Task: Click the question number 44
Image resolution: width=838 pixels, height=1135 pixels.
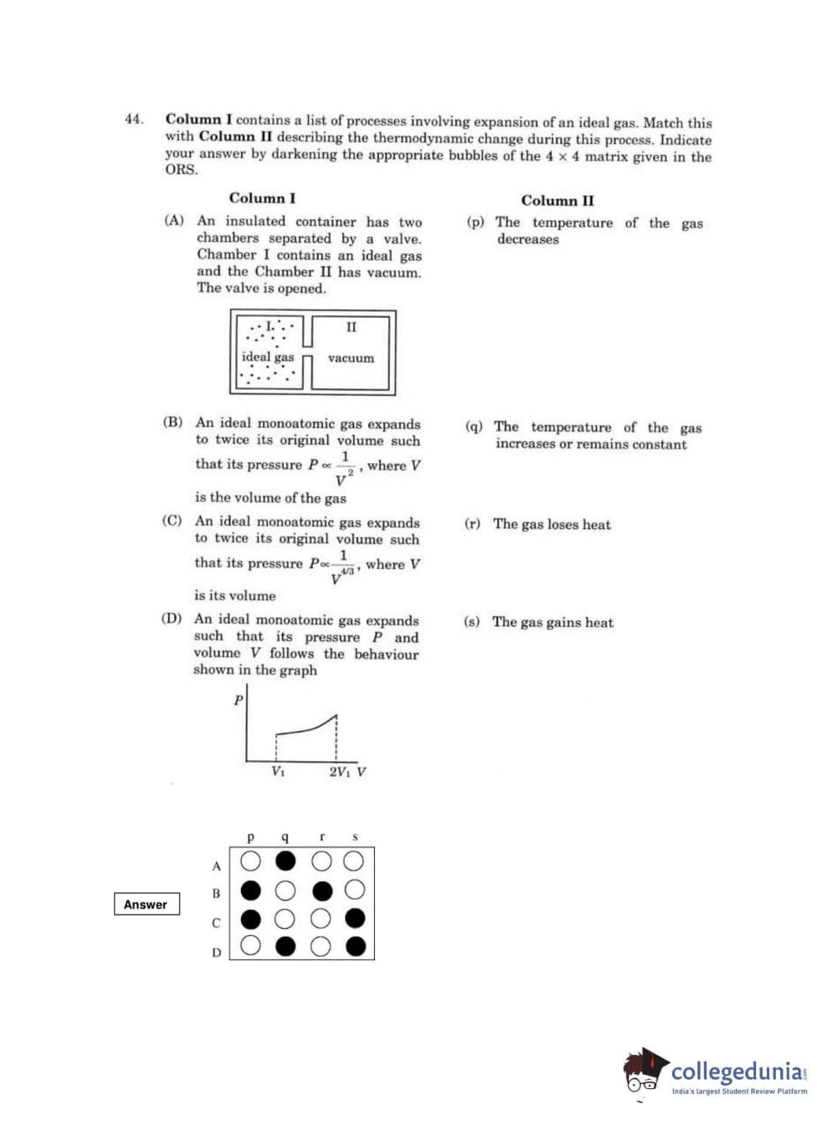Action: (133, 119)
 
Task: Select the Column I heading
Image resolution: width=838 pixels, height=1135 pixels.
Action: (262, 198)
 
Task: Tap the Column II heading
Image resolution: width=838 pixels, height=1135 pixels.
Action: (557, 201)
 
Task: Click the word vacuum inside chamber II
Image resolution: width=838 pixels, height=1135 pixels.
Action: (351, 358)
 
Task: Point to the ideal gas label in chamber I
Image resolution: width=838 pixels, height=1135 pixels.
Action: (268, 357)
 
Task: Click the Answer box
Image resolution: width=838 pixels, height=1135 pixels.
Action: (147, 904)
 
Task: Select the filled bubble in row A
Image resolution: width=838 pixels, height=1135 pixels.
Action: (285, 860)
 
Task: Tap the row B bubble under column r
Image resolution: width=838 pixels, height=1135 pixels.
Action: (321, 890)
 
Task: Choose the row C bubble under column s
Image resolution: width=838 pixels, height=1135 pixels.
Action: (355, 918)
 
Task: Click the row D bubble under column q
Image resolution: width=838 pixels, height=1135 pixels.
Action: (285, 947)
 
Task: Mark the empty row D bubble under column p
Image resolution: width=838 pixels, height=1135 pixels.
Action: (250, 947)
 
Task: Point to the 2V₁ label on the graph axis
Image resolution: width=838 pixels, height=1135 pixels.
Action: (339, 772)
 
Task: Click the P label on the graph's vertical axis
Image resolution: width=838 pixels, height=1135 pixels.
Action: (239, 700)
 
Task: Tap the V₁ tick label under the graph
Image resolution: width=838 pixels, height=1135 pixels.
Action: (278, 772)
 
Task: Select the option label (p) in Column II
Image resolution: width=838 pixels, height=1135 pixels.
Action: (476, 223)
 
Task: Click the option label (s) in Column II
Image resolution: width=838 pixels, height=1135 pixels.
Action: (472, 622)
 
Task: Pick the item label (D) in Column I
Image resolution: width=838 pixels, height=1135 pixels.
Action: (172, 619)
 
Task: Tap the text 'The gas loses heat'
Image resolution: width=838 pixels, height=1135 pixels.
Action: (552, 525)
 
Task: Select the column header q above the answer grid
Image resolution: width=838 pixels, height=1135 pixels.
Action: (285, 836)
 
